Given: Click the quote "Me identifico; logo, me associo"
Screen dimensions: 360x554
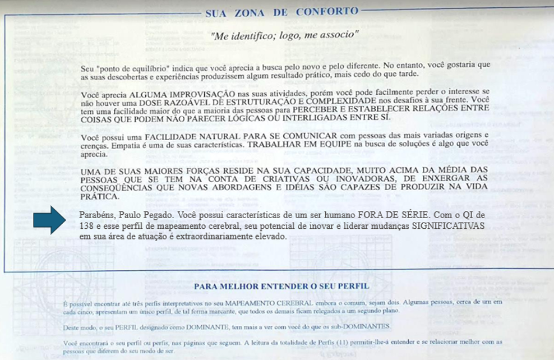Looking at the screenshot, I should coord(284,35).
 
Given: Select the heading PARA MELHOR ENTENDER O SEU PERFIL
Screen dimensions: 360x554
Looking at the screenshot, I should coord(281,286).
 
